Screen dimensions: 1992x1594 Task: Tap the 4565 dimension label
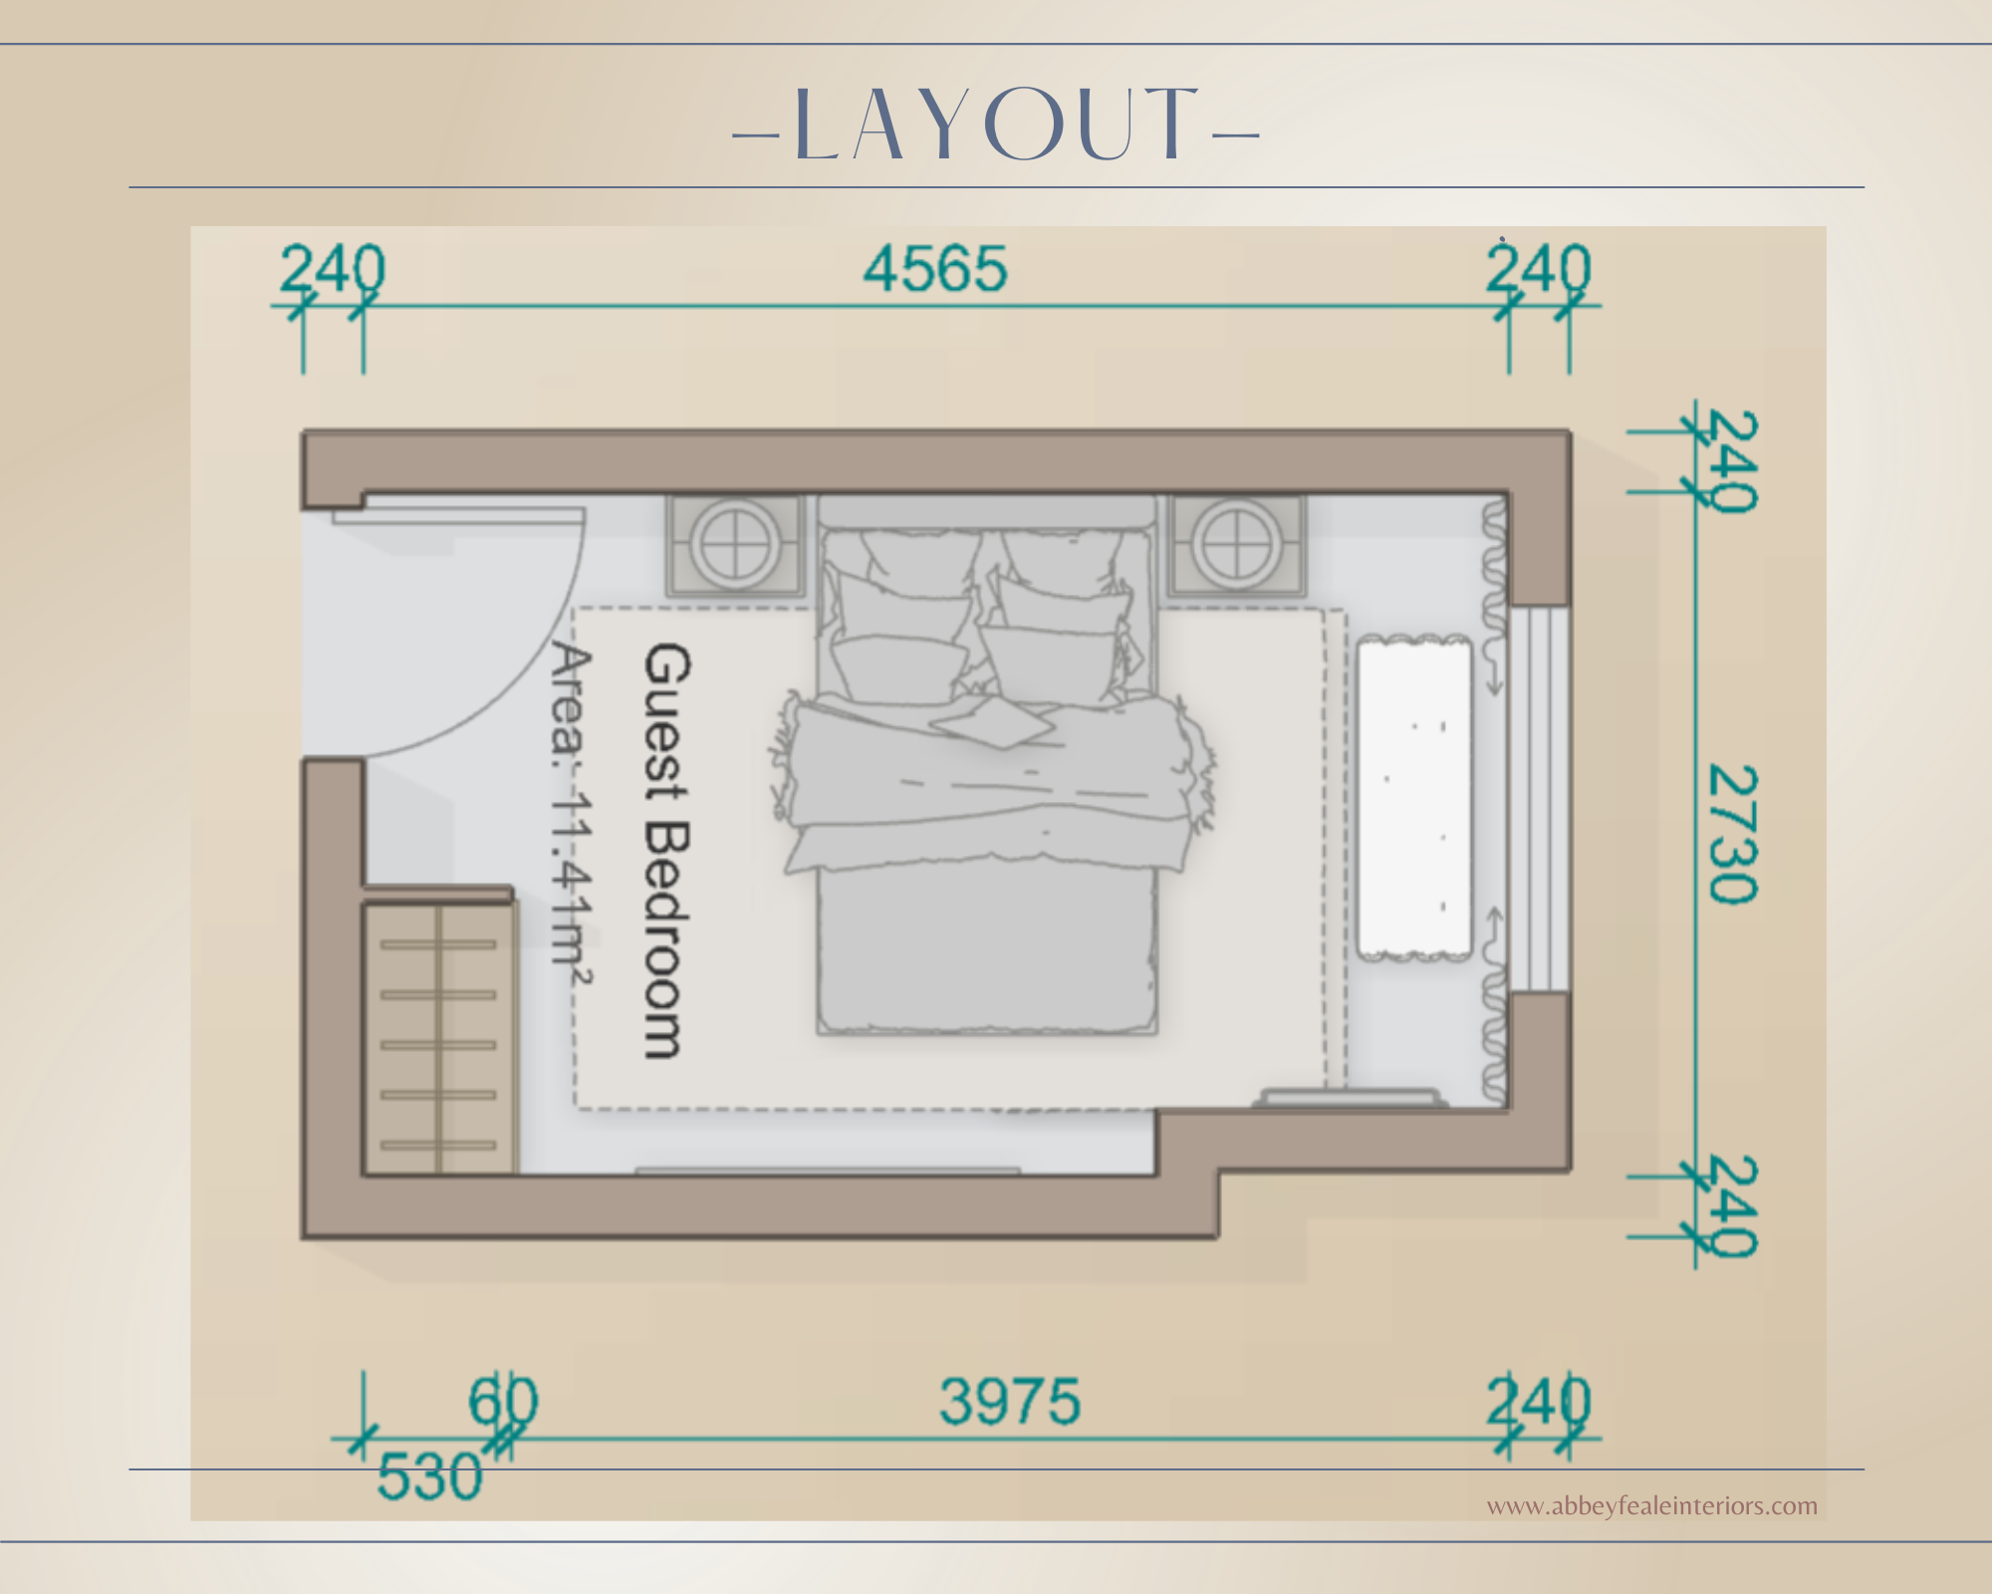click(935, 270)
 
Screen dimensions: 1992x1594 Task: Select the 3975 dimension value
click(1010, 1402)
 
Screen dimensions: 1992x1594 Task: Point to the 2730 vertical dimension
click(1734, 834)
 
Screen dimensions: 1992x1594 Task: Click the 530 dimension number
click(429, 1475)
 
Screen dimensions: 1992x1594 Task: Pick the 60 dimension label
click(503, 1401)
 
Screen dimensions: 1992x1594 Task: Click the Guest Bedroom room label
click(666, 850)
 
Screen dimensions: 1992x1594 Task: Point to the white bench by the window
click(1414, 798)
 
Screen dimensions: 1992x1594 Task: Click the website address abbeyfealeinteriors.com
click(1652, 1505)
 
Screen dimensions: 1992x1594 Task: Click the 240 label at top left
click(332, 269)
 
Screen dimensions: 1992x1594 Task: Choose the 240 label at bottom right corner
click(1539, 1402)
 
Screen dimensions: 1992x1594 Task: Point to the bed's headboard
click(987, 511)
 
